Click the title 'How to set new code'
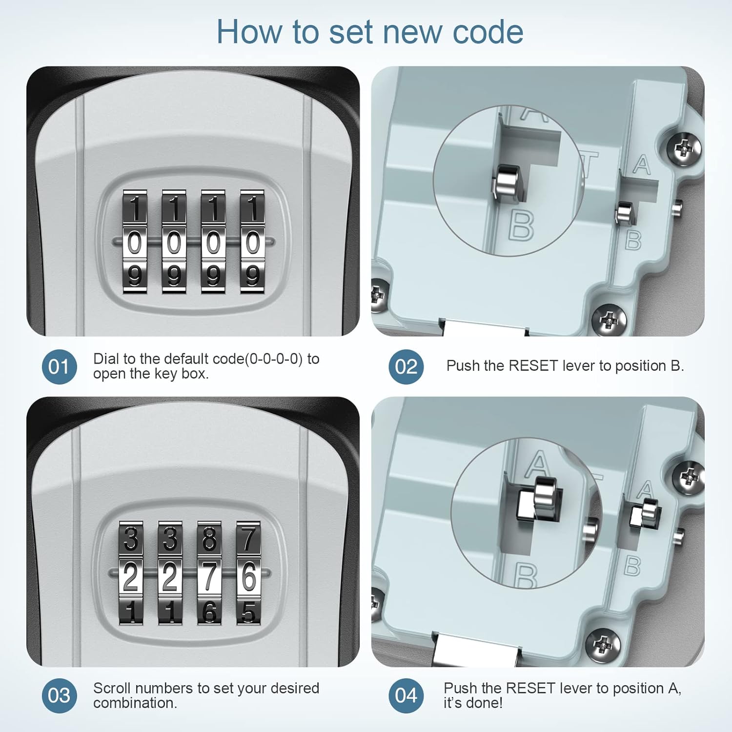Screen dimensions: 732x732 coord(370,32)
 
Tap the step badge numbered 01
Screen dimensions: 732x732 coord(59,366)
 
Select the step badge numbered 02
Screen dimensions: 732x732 coord(406,366)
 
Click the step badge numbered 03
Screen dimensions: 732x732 coord(59,695)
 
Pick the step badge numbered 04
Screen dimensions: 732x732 coord(406,695)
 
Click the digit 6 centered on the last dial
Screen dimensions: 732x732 coord(248,576)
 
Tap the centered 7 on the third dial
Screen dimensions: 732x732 coord(209,576)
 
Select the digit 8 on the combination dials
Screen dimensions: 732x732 coord(209,539)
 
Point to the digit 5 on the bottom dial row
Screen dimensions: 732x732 coord(248,612)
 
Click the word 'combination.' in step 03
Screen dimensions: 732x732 coord(135,703)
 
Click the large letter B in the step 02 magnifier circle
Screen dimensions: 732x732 coord(521,225)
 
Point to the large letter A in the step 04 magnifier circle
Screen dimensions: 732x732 coord(538,464)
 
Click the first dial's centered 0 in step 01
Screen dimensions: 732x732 coord(135,243)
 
